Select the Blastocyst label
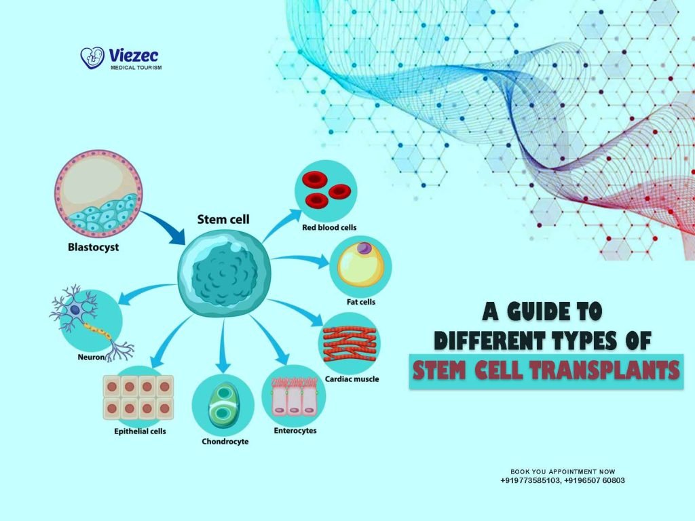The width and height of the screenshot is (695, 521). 93,248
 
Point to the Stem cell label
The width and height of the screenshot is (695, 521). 223,219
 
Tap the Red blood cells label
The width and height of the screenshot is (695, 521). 329,228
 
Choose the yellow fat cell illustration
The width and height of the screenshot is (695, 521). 360,265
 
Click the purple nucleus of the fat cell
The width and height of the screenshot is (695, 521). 364,250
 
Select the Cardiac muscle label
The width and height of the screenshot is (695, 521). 352,379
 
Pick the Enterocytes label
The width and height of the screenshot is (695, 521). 295,430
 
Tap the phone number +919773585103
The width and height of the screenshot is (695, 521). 531,480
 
